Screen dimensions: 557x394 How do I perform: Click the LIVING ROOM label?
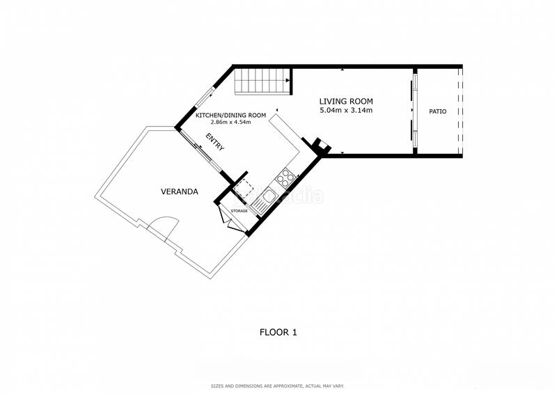(346, 102)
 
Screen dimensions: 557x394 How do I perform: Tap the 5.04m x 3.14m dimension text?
(346, 110)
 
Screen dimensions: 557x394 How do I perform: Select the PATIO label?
(438, 111)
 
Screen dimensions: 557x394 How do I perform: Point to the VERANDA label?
(180, 192)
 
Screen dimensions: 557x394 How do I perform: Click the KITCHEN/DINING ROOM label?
(231, 116)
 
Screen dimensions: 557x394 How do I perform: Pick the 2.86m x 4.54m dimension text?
(231, 123)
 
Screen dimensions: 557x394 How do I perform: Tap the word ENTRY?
(215, 142)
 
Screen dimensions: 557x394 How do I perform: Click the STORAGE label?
(239, 211)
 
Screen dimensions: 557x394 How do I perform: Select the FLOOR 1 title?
(278, 333)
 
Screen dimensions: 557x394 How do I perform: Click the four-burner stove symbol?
(285, 178)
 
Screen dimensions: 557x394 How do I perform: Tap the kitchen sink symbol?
(265, 201)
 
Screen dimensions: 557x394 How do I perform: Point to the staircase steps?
(262, 81)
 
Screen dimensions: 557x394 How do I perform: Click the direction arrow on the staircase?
(287, 81)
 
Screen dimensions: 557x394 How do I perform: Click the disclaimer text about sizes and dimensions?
(277, 386)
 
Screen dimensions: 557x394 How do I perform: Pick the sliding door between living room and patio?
(414, 111)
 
